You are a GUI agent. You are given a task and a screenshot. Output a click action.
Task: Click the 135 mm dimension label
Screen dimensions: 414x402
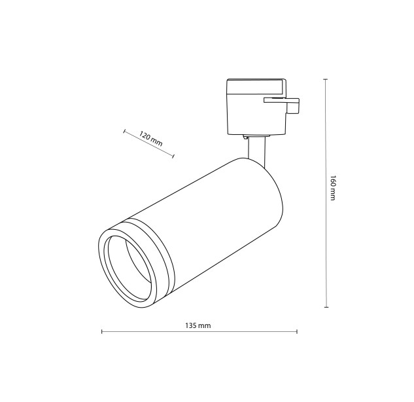pos(198,325)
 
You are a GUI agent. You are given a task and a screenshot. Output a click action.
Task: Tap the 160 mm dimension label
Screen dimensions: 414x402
pos(333,188)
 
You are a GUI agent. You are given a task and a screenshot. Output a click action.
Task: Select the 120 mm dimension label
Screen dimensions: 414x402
pos(150,139)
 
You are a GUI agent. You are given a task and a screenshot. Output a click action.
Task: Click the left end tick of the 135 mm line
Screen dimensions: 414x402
pos(102,331)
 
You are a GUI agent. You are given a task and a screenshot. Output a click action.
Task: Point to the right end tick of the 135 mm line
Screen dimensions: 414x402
pos(298,331)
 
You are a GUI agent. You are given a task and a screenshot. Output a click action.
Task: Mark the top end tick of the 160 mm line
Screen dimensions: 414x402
pos(326,79)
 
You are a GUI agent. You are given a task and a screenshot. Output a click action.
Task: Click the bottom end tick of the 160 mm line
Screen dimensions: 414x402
pos(326,307)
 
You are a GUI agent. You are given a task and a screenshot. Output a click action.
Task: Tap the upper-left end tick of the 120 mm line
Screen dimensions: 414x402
pos(124,131)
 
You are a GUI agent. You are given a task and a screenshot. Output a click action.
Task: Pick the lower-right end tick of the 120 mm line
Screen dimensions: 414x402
pos(173,156)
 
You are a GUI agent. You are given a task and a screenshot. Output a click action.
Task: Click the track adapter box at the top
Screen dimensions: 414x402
pos(256,107)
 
